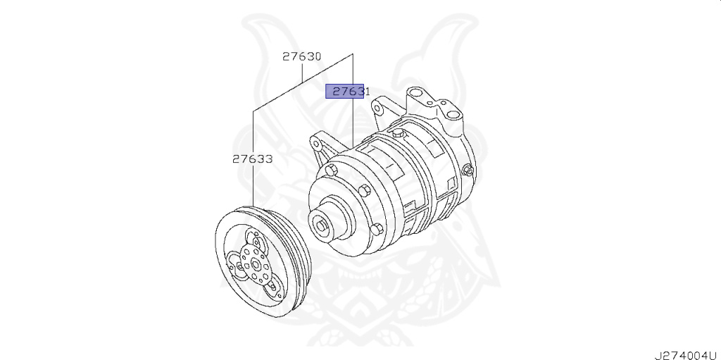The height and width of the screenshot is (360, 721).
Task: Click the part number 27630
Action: pos(301,56)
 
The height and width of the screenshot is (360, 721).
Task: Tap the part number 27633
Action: pos(252,159)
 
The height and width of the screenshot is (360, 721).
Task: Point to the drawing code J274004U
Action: pos(687,355)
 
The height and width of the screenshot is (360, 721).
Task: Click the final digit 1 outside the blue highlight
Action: pos(367,91)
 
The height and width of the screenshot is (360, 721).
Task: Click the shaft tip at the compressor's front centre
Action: pos(320,225)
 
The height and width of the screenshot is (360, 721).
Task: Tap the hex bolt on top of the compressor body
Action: pos(399,134)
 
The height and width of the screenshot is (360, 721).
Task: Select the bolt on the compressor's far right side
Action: pos(468,170)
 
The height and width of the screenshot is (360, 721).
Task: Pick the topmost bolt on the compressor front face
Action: pos(331,170)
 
